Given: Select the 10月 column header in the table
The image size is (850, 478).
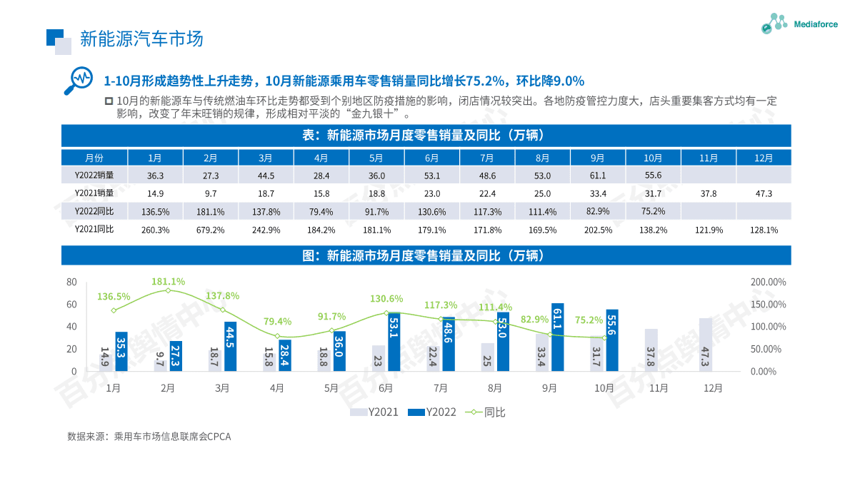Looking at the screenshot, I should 653,158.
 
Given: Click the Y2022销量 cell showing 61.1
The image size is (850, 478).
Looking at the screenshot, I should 597,176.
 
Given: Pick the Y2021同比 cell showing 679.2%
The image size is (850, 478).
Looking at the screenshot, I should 210,230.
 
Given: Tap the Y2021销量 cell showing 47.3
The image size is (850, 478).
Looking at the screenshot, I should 764,193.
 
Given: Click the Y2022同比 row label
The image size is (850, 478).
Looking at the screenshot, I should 94,211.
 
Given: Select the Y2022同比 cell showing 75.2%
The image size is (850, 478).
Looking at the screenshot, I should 653,211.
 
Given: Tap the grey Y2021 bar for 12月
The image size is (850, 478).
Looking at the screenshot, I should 706,345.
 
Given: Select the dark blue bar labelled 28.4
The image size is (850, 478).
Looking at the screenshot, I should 285,355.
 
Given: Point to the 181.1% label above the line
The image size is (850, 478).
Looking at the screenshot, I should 168,282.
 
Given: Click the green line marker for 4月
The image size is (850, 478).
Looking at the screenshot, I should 277,336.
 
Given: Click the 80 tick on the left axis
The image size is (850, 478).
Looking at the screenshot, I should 71,283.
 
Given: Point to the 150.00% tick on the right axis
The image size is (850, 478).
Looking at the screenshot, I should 768,305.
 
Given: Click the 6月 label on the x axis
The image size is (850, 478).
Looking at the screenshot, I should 386,389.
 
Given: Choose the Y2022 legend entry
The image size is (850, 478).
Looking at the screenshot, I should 432,412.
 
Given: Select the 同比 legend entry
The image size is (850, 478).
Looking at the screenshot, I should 486,412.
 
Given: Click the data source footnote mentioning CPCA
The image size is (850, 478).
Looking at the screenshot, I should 149,437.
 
